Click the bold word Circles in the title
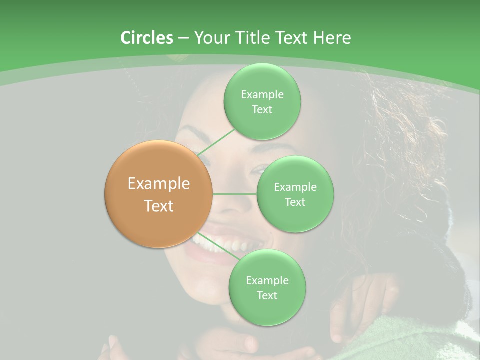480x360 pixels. [x=147, y=38]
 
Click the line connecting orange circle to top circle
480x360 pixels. [x=216, y=142]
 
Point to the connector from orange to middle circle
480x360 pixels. [x=234, y=194]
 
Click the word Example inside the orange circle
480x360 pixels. [x=159, y=184]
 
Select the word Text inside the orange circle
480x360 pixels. [x=159, y=206]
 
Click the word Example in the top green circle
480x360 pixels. [x=262, y=94]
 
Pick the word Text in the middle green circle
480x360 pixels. [x=295, y=202]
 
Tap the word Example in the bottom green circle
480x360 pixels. [x=267, y=280]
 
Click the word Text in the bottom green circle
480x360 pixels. [x=267, y=295]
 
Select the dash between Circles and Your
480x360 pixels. [x=183, y=38]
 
